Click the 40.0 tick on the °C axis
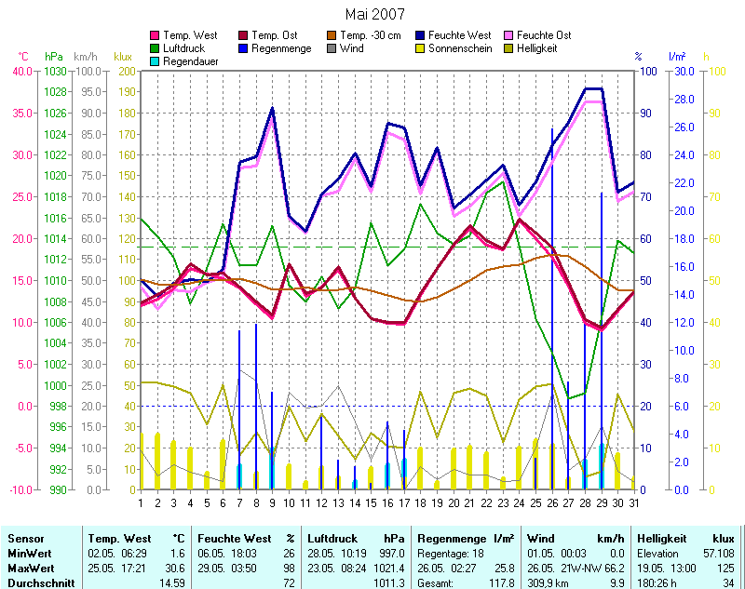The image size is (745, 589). click(x=23, y=71)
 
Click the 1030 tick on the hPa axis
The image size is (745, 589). click(x=55, y=71)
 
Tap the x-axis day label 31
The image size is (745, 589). click(x=633, y=503)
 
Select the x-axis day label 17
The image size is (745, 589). click(x=403, y=503)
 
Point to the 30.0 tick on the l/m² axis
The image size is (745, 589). click(x=682, y=71)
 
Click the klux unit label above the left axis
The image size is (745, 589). click(x=123, y=57)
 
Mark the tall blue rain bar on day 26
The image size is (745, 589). click(x=552, y=307)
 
